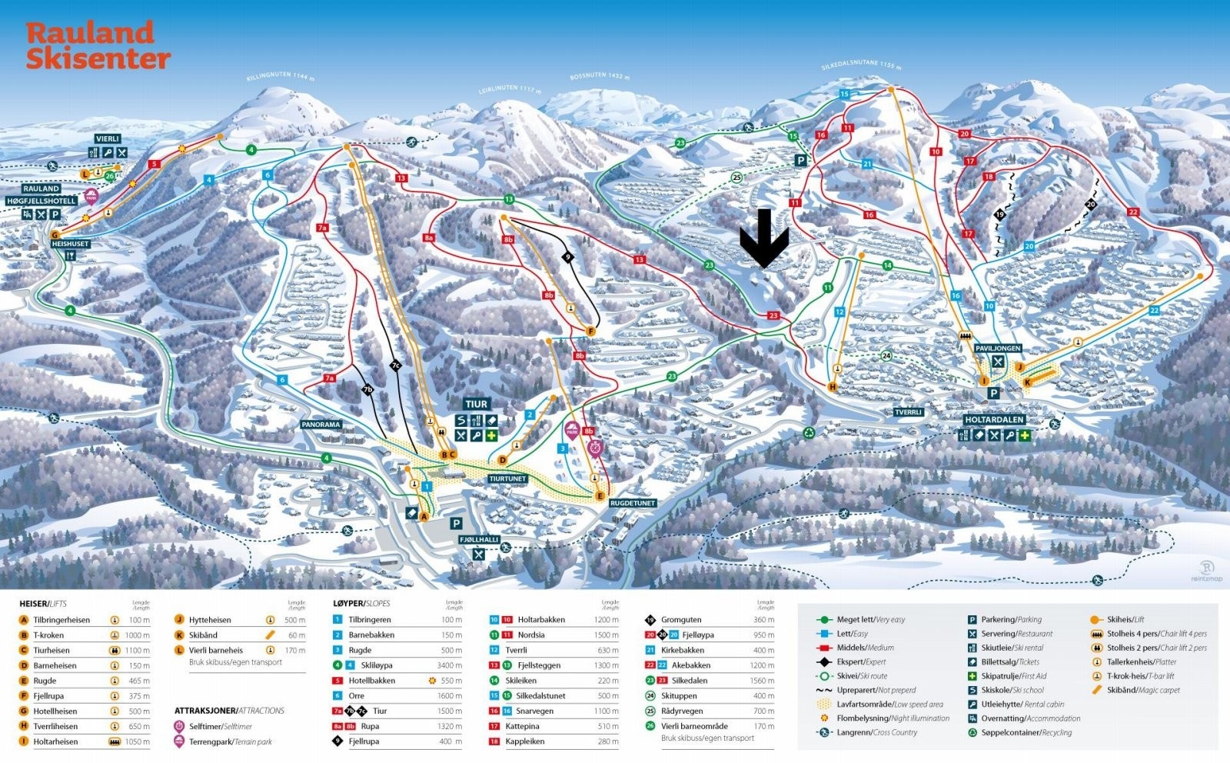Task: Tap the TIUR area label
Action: tap(476, 404)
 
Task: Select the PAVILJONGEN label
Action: tap(997, 348)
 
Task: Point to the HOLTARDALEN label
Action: tap(994, 420)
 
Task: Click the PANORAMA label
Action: tap(321, 425)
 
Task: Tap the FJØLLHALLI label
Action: tap(479, 540)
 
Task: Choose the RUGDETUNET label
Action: tap(632, 503)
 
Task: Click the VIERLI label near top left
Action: tap(108, 138)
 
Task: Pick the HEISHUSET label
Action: tap(70, 244)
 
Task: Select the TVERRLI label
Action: tap(908, 412)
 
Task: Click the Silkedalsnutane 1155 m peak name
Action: tap(860, 65)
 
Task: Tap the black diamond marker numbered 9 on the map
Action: tap(568, 257)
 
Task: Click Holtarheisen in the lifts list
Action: tap(55, 741)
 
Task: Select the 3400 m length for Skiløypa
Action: tap(450, 665)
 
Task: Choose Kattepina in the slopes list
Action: tap(524, 726)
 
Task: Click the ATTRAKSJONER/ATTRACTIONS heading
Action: tap(229, 711)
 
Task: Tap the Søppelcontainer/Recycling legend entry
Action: tap(1026, 732)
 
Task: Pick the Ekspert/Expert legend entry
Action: tap(861, 661)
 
